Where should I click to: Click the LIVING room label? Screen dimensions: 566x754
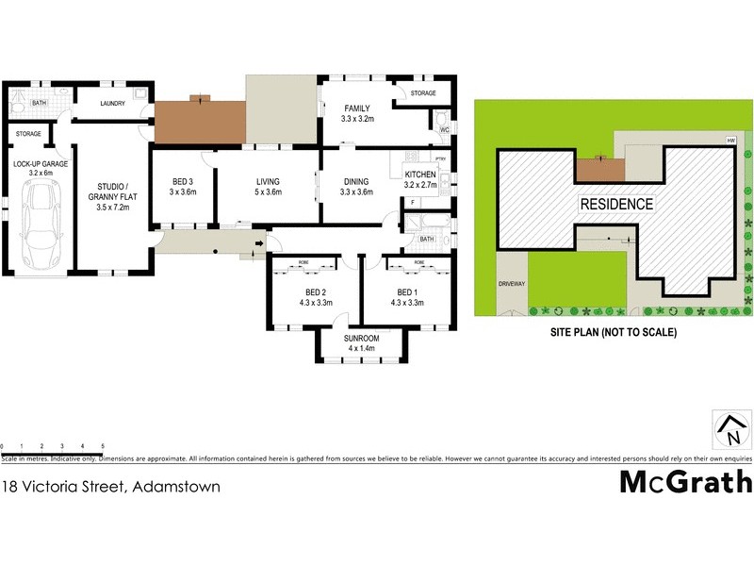(x=270, y=186)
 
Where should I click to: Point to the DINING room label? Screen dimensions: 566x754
(x=355, y=186)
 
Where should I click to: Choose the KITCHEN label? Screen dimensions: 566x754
(x=419, y=179)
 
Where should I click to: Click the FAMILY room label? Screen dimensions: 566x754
(x=357, y=114)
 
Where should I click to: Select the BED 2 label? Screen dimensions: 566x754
(x=315, y=297)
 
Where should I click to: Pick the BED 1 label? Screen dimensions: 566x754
(x=407, y=297)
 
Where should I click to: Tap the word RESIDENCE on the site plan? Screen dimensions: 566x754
(x=615, y=203)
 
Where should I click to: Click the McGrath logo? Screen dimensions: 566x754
(x=685, y=481)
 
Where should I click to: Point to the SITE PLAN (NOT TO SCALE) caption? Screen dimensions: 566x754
(x=614, y=332)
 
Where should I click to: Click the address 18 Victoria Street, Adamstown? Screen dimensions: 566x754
(x=111, y=488)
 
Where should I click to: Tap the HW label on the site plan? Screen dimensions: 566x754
(x=730, y=141)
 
